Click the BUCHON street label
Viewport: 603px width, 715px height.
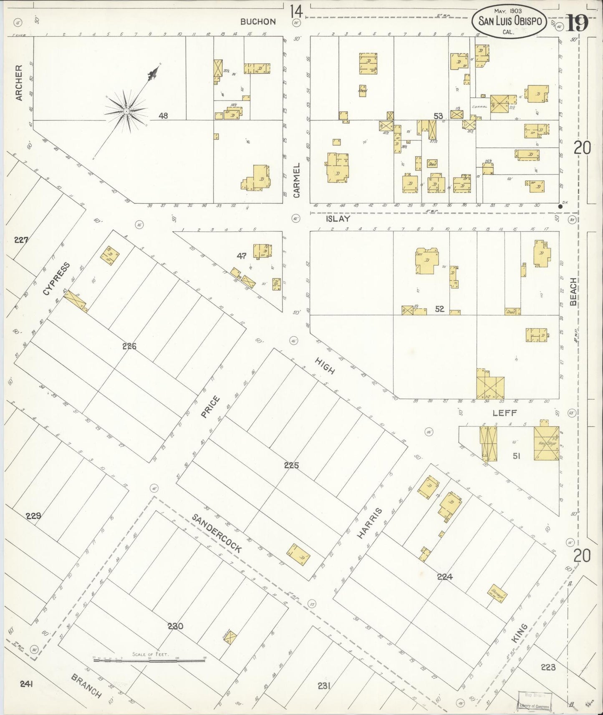point(257,22)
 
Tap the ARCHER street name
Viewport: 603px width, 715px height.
point(19,88)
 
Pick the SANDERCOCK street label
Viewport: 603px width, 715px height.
point(217,533)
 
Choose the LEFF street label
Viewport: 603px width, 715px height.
point(505,413)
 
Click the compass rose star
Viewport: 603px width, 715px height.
point(126,111)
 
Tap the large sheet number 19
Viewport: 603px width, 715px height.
point(577,23)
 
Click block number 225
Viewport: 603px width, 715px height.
point(291,465)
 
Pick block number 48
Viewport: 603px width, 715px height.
point(163,116)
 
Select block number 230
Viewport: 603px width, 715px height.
point(175,626)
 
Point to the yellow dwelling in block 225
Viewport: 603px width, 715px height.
point(299,554)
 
